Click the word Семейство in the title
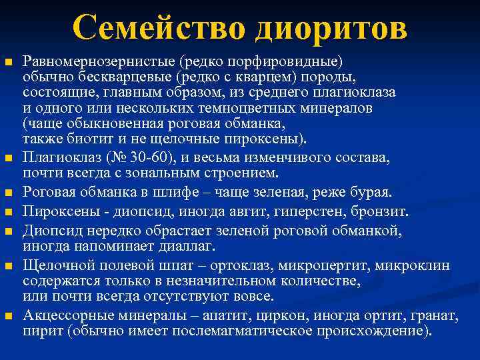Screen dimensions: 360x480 [158, 28]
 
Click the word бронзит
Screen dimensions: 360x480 [385, 211]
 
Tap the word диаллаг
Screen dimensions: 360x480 [188, 247]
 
